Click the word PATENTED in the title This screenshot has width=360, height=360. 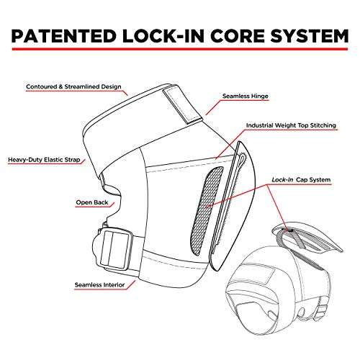point(64,36)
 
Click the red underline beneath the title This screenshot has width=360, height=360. point(180,49)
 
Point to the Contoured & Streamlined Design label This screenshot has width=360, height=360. point(73,86)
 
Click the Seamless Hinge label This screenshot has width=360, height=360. point(245,96)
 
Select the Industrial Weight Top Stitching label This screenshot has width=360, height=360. point(291,125)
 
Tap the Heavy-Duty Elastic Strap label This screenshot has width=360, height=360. point(44,160)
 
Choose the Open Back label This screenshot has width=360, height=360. point(92,202)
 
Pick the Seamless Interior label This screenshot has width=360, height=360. point(99,285)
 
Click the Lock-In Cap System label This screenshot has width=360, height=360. point(301,180)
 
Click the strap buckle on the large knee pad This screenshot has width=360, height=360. point(116,248)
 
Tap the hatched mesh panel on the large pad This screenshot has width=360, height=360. point(207,211)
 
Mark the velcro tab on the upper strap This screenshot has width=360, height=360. point(181,106)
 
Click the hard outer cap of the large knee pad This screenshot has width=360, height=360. point(234,207)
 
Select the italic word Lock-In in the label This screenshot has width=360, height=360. point(282,180)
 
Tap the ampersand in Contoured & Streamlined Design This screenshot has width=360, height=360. point(60,86)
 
